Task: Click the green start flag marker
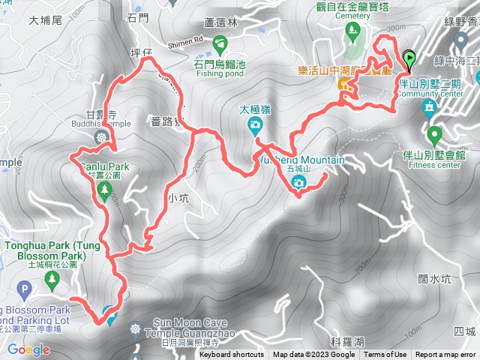[409, 58]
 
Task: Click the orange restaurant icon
[344, 85]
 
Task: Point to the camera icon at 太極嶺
[255, 124]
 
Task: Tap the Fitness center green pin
[434, 136]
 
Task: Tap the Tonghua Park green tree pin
[52, 281]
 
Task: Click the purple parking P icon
[25, 289]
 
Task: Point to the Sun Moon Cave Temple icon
[135, 328]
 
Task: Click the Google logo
[28, 349]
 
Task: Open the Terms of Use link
[385, 355]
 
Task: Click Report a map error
[446, 355]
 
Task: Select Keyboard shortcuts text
[231, 355]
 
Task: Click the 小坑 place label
[178, 199]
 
